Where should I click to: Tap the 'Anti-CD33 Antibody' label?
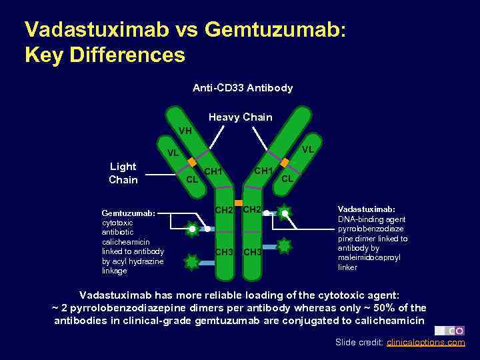pos(243,88)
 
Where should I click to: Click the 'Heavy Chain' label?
pos(241,117)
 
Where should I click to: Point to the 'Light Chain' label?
pos(123,173)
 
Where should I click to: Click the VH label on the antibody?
pos(185,131)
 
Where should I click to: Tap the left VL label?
pos(173,153)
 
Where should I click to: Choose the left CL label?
pos(192,179)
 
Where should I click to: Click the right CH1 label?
pos(264,171)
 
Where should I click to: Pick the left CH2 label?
pos(224,211)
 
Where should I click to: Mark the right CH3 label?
pos(253,252)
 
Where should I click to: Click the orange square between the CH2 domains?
pos(238,203)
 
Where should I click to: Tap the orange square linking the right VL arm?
pos(285,162)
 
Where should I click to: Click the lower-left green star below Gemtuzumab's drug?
pos(192,262)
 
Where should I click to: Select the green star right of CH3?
pos(284,245)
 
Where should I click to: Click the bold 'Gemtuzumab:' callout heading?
pos(129,213)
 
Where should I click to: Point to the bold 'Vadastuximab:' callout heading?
pos(366,209)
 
